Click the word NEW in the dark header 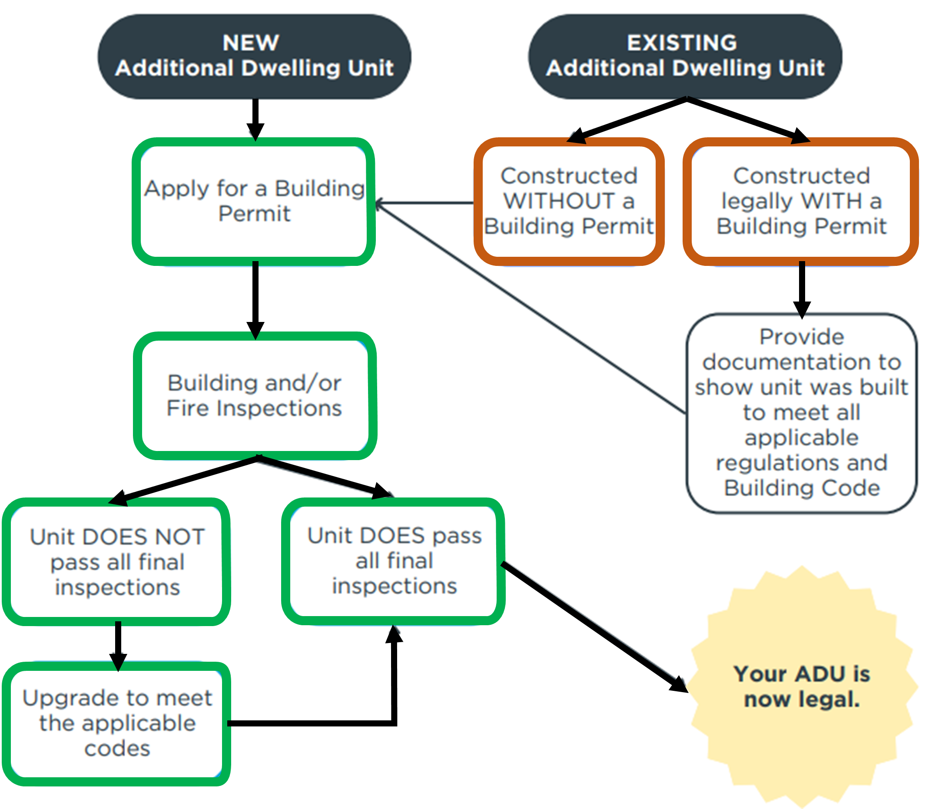pos(251,43)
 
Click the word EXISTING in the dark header pos(682,43)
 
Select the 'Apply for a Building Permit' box pos(254,201)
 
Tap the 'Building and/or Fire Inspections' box pos(255,395)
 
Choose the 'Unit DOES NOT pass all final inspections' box pos(117,562)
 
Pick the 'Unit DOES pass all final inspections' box pos(394,561)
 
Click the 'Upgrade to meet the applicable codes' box pos(117,724)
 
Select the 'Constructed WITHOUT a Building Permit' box pos(569,201)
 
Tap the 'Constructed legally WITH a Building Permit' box pos(801,201)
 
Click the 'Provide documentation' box pos(802,413)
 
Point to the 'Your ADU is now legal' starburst pos(803,686)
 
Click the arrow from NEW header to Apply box pos(255,119)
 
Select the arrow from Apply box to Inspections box pos(255,300)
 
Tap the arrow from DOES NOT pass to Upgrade pos(118,646)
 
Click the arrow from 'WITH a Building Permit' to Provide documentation pos(802,290)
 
